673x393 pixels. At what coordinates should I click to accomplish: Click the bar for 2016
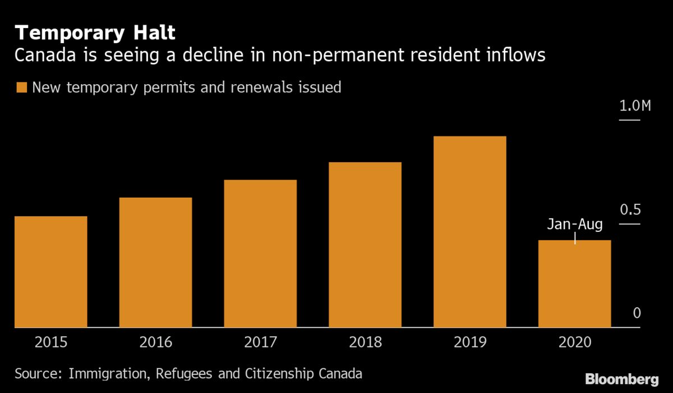click(x=155, y=262)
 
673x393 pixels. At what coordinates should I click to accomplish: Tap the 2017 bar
click(x=260, y=253)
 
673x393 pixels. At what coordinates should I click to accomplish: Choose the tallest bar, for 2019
click(x=470, y=231)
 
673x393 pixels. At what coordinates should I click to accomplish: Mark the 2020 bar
click(x=575, y=284)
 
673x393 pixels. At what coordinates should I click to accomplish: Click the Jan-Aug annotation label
click(x=575, y=225)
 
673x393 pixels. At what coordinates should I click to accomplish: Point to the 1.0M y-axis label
click(x=635, y=106)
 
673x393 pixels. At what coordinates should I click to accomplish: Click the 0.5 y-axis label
click(x=629, y=210)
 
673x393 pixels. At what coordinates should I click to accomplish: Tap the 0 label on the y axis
click(x=637, y=313)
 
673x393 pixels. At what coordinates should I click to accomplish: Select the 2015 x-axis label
click(x=50, y=342)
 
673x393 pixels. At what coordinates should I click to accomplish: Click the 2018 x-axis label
click(x=365, y=342)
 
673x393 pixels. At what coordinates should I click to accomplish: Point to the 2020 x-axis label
click(x=575, y=342)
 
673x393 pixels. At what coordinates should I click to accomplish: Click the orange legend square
click(x=22, y=88)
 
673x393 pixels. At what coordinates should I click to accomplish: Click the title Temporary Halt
click(x=95, y=32)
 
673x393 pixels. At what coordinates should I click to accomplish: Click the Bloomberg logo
click(x=622, y=379)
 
